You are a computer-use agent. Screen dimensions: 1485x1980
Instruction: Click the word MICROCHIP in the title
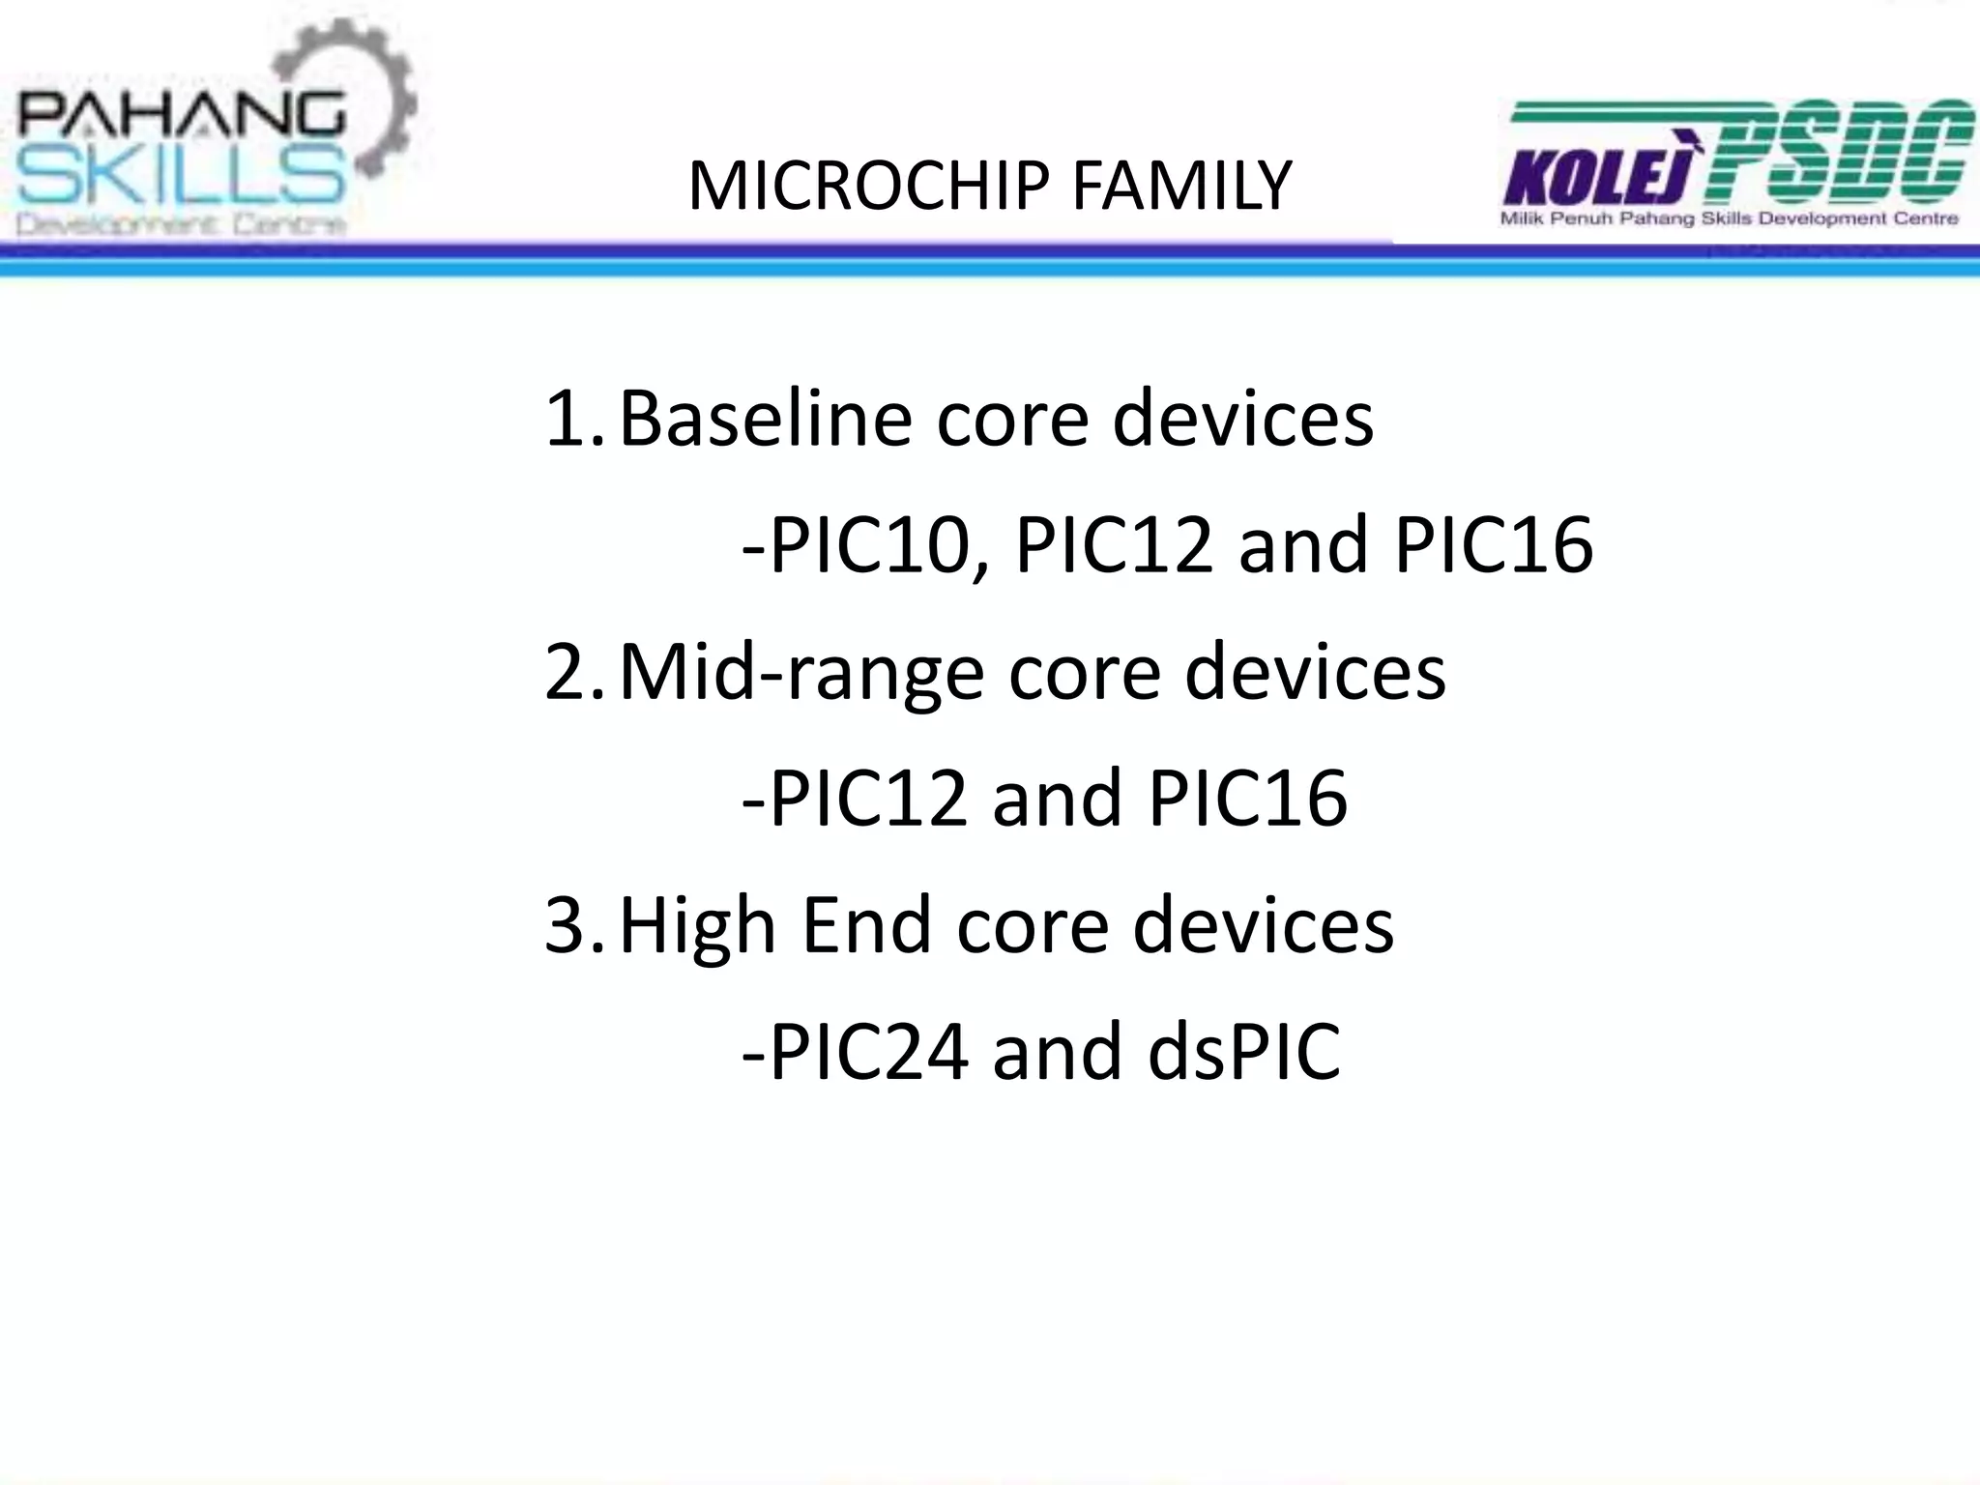[867, 187]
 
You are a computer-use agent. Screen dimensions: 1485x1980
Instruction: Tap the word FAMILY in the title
[1181, 187]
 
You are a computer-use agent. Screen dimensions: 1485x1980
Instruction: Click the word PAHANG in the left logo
[181, 118]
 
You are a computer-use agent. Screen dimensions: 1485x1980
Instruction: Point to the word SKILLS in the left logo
[181, 178]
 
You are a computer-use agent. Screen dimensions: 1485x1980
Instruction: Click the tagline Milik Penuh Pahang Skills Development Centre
[1729, 219]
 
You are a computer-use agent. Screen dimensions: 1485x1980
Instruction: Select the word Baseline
[765, 419]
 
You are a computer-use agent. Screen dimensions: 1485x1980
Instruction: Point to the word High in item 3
[697, 926]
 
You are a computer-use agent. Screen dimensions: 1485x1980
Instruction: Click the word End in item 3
[866, 924]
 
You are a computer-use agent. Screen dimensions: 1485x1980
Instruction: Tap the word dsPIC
[1244, 1052]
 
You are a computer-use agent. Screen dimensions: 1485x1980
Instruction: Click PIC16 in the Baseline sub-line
[1494, 545]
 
